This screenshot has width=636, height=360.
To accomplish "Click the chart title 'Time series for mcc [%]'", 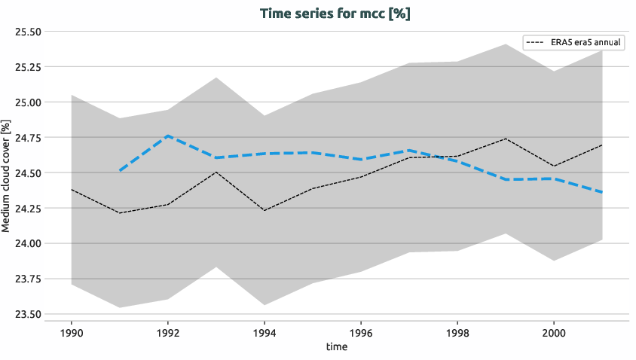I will (335, 14).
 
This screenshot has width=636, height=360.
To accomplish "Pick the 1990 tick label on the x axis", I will (72, 332).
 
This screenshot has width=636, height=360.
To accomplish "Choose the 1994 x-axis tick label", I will (264, 332).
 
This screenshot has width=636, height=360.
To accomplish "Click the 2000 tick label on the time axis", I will (554, 332).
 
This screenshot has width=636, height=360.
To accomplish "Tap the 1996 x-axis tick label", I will (361, 332).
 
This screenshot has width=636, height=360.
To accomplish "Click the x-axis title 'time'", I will (337, 346).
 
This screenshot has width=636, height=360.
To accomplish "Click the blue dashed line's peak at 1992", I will (168, 136).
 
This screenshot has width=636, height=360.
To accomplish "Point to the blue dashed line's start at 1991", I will (120, 171).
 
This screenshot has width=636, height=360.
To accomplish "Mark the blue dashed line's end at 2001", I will (602, 193).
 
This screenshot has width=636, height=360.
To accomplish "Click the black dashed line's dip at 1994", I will (264, 210).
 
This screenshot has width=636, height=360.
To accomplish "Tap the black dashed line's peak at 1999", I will (506, 139).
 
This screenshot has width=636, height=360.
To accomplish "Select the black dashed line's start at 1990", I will (72, 190).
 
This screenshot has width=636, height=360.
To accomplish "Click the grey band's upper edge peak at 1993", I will (216, 78).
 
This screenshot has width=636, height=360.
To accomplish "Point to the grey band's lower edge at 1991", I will (120, 307).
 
